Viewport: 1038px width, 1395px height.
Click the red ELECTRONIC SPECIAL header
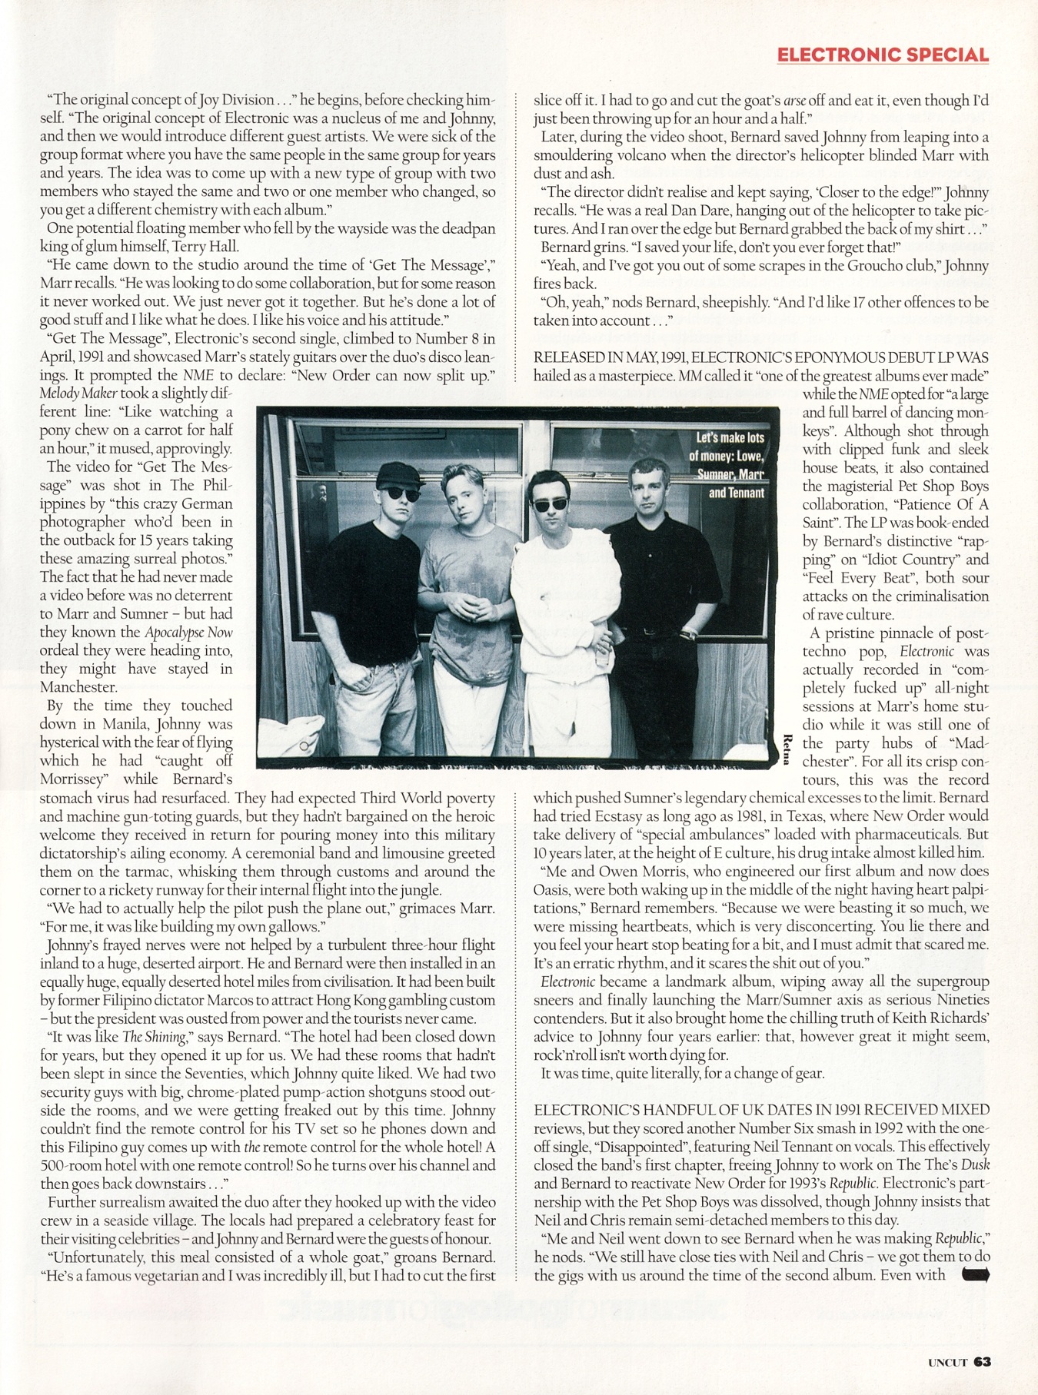tap(883, 55)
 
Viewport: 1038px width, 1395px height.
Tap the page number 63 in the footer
tap(982, 1361)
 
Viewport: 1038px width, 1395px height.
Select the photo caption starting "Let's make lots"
tap(730, 465)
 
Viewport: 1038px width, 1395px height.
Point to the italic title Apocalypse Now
tap(188, 633)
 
